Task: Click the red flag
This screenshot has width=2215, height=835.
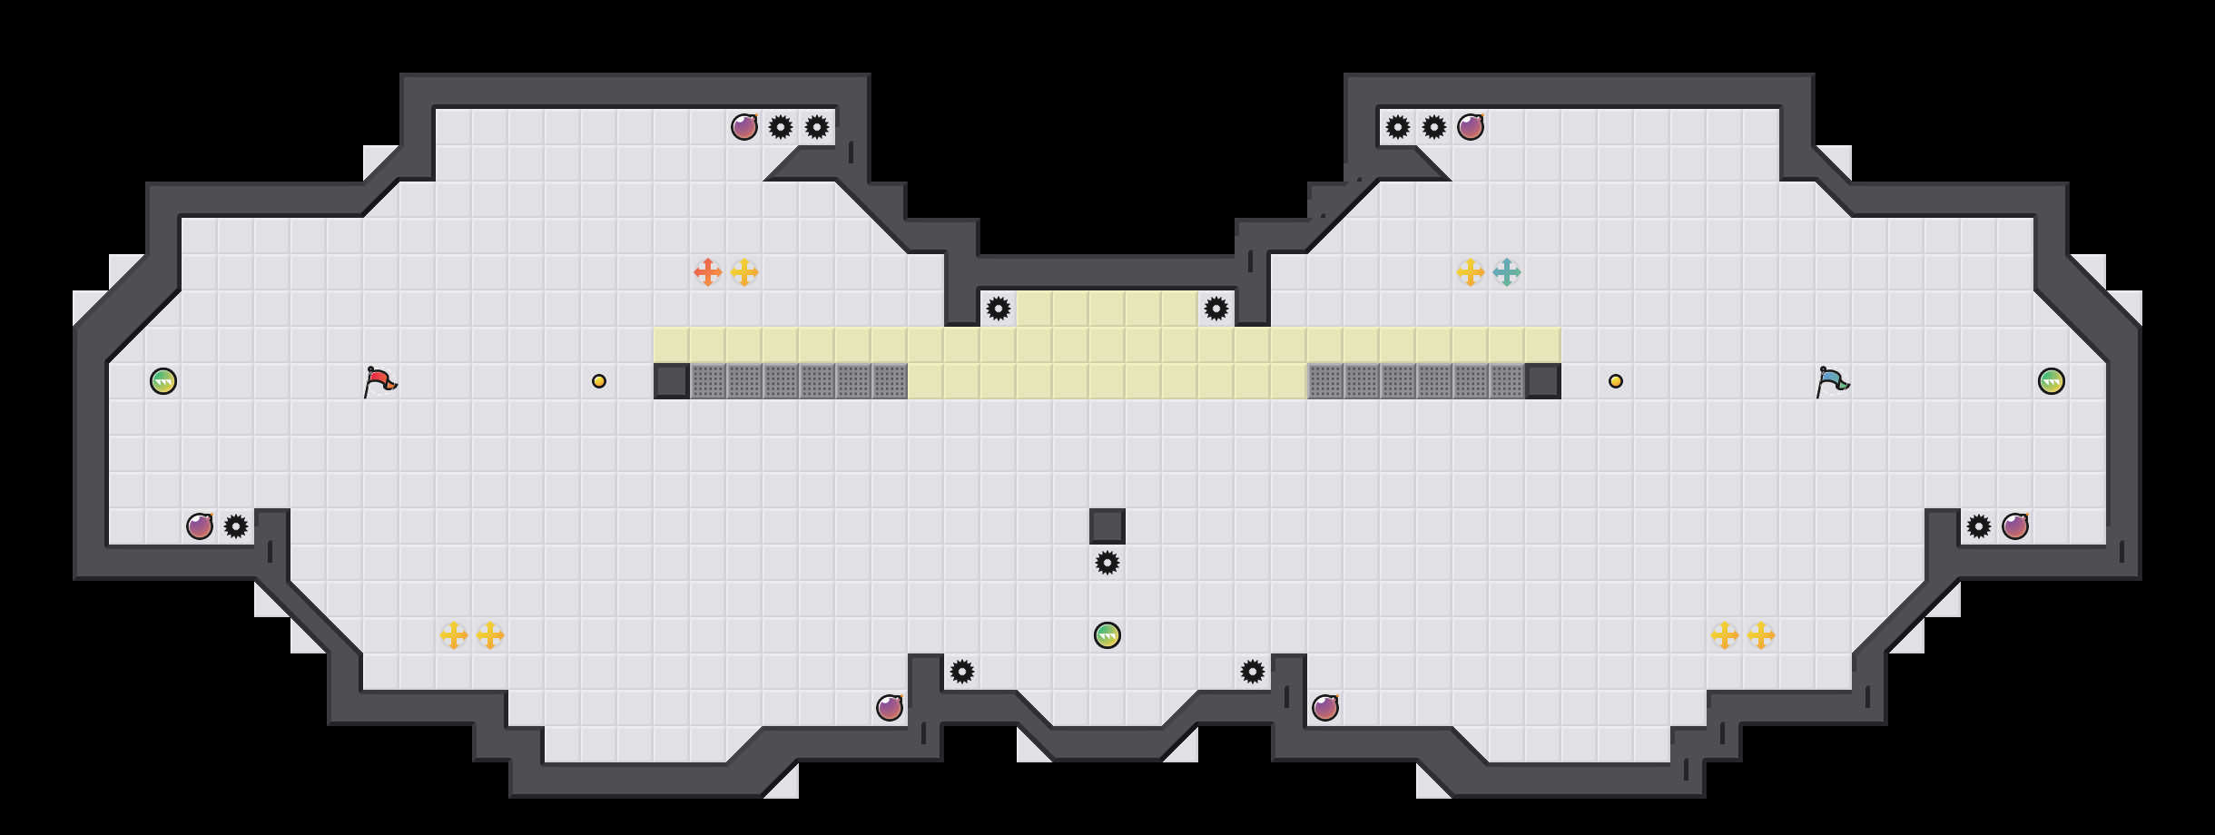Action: pos(379,381)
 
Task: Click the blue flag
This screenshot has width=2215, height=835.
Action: pos(1832,381)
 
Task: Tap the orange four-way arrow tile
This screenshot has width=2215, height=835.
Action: pos(708,272)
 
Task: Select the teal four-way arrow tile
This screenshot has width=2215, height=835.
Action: pos(1507,272)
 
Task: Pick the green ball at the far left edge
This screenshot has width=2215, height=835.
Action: pos(163,381)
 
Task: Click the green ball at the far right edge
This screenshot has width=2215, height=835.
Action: pos(2052,381)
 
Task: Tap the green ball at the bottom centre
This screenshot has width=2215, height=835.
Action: pos(1107,635)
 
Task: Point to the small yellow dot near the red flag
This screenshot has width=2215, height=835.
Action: pos(599,381)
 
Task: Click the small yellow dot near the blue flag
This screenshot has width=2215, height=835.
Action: pos(1616,381)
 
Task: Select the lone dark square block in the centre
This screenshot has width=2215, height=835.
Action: pos(1107,526)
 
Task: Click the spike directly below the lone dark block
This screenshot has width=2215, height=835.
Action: pos(1107,563)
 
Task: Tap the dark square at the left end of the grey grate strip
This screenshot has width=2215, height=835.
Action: pos(672,381)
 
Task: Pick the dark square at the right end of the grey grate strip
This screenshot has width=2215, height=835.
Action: pos(1543,381)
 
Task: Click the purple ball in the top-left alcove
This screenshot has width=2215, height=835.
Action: pos(744,127)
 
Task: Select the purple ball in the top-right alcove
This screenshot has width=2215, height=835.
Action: pos(1471,127)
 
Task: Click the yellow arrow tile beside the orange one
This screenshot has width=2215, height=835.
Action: pos(744,272)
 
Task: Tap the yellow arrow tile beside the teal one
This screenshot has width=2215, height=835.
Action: pos(1471,272)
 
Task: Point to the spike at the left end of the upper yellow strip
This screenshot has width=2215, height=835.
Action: pos(999,309)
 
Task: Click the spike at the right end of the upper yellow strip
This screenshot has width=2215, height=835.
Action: pos(1216,309)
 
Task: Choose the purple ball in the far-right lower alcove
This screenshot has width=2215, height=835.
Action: pos(2015,526)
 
